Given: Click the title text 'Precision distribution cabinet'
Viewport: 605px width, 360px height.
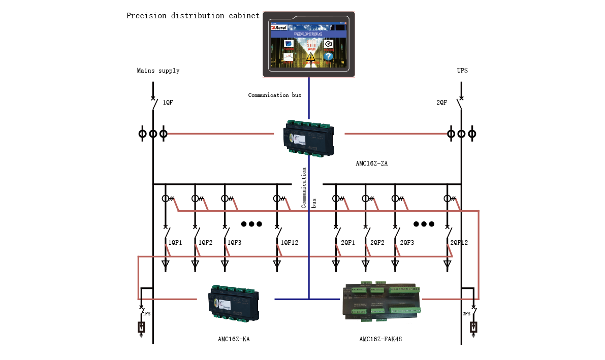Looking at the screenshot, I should (x=193, y=16).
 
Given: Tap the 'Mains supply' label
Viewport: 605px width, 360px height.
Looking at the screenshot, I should (x=158, y=71).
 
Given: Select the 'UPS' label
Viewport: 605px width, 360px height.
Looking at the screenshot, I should (x=462, y=71).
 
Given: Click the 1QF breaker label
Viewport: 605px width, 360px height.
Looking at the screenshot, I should (x=168, y=103).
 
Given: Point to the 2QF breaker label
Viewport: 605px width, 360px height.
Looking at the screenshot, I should (x=442, y=103).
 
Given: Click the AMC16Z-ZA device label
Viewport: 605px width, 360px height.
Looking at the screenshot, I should (x=372, y=163).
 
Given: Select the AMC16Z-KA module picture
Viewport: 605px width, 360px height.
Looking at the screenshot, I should (x=234, y=303).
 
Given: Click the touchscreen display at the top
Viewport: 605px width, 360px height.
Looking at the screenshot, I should (x=308, y=44).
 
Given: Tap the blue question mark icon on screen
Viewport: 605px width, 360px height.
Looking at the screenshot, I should (x=329, y=57).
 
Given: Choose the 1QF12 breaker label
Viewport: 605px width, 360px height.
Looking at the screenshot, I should (x=290, y=243).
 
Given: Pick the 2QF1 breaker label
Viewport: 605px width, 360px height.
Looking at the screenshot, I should (x=347, y=243).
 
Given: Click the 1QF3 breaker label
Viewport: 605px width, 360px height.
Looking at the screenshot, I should (x=234, y=243).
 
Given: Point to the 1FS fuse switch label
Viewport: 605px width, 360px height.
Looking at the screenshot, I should (x=146, y=314).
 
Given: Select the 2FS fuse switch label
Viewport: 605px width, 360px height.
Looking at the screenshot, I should (x=466, y=314).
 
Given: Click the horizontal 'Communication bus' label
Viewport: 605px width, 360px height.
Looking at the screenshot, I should (x=274, y=95).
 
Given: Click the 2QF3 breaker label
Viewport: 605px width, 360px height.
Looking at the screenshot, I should (x=407, y=243).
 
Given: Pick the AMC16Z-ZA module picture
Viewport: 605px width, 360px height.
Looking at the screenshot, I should (x=309, y=138).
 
